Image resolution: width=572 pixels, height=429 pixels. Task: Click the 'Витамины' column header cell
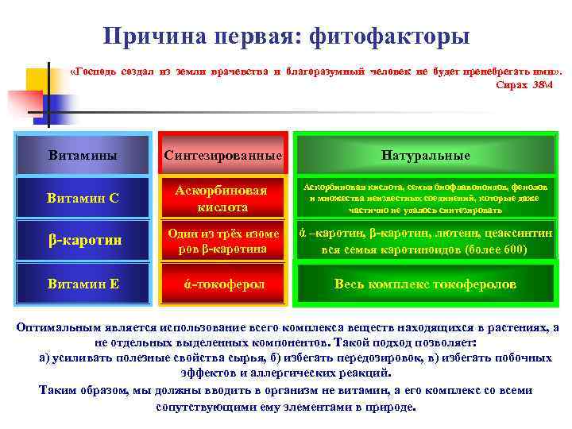point(83,155)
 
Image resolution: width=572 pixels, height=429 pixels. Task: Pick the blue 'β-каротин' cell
point(83,241)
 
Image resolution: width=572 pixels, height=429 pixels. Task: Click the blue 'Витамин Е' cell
point(83,284)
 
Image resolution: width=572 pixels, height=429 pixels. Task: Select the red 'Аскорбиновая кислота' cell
point(223,199)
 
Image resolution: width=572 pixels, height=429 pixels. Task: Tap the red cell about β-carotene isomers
point(223,241)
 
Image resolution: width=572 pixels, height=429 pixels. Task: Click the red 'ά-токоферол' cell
point(223,284)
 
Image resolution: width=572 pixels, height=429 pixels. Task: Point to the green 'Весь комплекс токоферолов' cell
point(425,284)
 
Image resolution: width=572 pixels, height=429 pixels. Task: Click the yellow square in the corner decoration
point(37,79)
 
